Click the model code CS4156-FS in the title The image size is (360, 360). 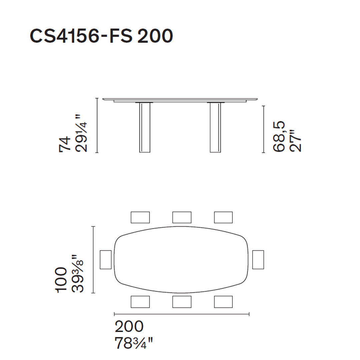81,36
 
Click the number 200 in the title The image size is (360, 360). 155,36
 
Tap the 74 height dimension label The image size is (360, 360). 65,144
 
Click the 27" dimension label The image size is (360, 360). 295,141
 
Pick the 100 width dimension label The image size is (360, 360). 61,280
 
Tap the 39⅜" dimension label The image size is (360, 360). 78,273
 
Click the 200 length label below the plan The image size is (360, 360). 129,326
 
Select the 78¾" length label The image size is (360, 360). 134,343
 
